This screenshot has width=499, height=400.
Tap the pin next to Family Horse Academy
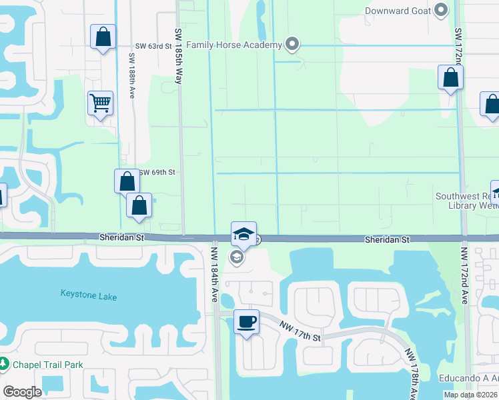292,45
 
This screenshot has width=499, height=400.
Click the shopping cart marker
100,103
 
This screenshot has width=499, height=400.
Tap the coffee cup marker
246,322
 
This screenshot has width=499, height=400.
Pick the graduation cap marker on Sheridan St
244,234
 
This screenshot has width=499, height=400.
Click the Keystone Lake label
89,293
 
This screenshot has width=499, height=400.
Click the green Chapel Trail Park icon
4,365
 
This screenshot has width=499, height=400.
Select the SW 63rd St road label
151,45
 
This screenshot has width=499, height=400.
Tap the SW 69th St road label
157,172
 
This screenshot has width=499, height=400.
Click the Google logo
23,391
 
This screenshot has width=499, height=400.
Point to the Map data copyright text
471,395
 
